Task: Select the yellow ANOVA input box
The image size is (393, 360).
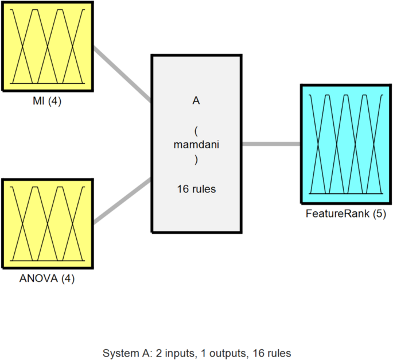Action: click(x=47, y=224)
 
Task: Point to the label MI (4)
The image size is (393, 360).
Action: click(x=46, y=102)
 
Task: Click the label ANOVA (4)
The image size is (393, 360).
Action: click(x=47, y=280)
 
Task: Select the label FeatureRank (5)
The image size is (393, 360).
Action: click(x=346, y=214)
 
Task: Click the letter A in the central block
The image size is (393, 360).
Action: click(x=196, y=100)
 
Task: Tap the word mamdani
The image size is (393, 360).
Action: click(x=196, y=145)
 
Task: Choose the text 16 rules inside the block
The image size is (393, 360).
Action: click(x=196, y=188)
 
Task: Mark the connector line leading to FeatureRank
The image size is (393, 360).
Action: click(x=271, y=144)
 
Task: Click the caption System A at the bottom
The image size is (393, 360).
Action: click(x=127, y=352)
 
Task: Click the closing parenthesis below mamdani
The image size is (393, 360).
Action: click(x=196, y=160)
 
